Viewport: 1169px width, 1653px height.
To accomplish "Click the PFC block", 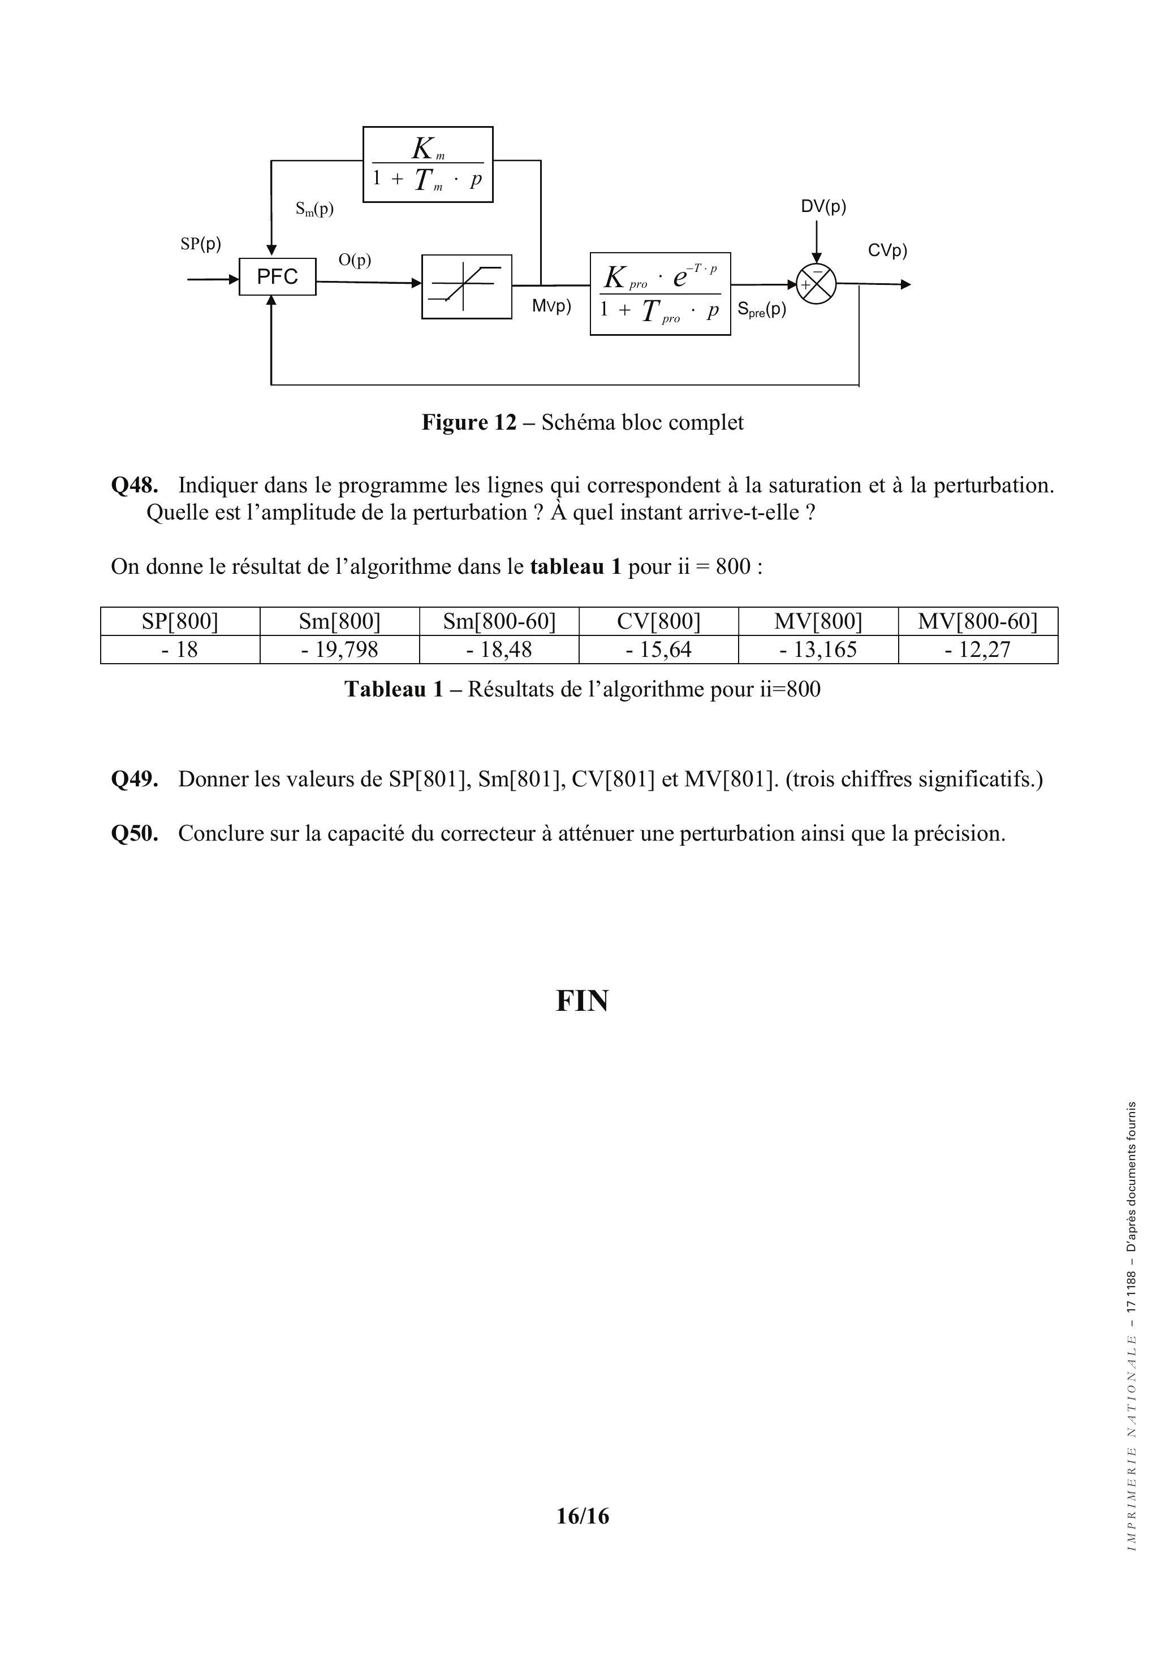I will [277, 276].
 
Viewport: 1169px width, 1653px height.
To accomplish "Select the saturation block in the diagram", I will [466, 287].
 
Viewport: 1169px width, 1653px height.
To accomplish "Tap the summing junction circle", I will [816, 284].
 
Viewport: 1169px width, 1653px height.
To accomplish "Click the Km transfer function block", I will [428, 164].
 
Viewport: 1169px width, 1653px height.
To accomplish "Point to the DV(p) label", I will [823, 207].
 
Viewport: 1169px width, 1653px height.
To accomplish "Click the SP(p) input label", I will [200, 244].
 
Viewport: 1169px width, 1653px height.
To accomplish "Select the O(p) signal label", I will [355, 260].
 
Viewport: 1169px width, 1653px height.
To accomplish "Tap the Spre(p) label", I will [761, 310].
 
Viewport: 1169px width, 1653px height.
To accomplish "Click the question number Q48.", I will [134, 485].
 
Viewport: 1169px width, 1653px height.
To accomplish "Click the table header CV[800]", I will [658, 621].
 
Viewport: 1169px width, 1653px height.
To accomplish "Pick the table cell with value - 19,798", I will [339, 650].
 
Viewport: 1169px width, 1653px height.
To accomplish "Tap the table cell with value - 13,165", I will [818, 650].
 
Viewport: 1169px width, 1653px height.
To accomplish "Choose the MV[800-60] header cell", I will [977, 621].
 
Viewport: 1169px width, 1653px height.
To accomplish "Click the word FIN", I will [582, 1001].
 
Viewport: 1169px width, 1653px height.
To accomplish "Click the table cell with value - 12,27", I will [977, 650].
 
